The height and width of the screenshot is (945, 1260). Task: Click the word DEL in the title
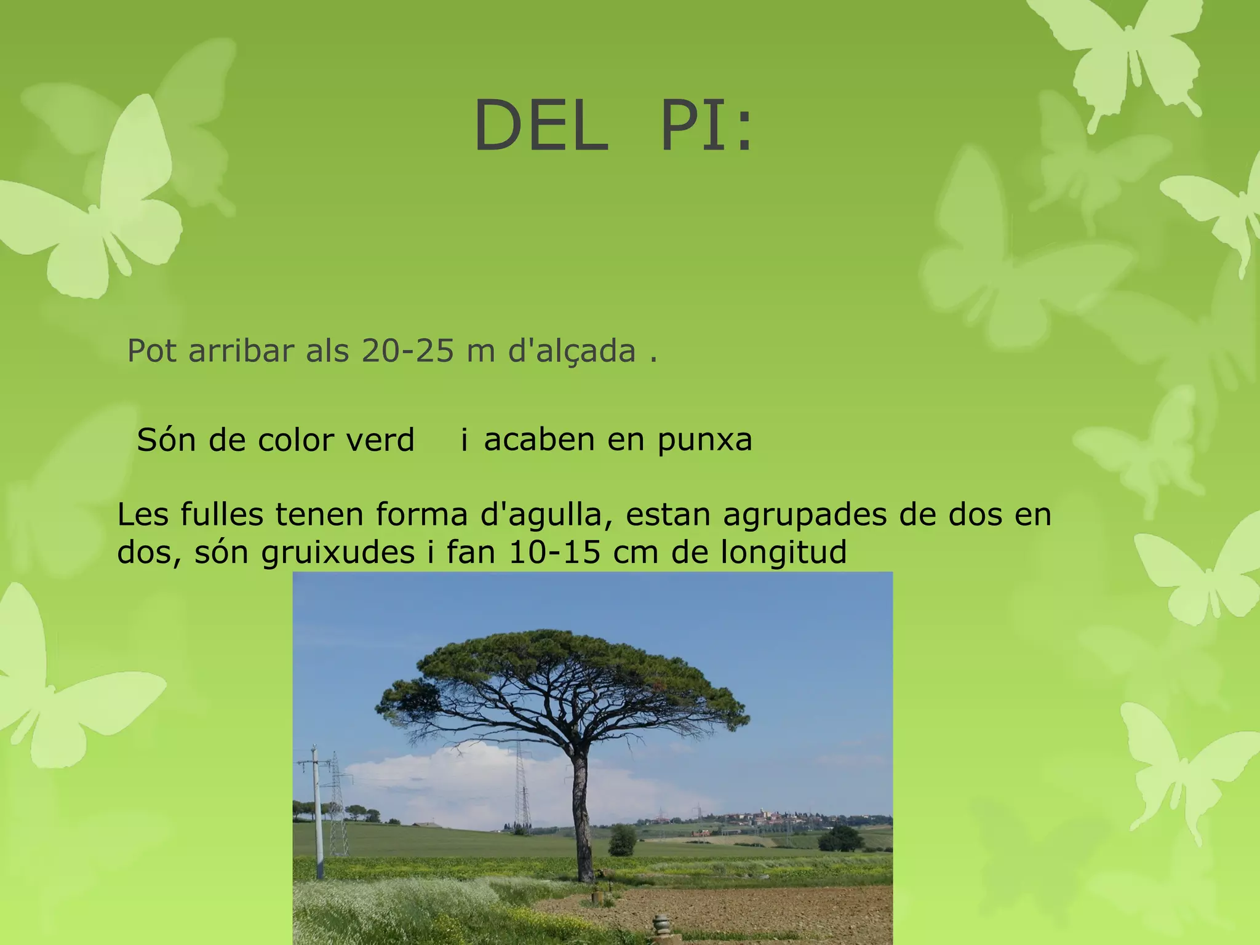click(x=541, y=127)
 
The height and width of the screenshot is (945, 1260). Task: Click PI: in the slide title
click(x=706, y=127)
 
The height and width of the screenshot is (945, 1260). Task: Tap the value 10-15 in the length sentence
click(x=554, y=552)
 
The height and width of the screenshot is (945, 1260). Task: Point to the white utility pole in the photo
click(x=317, y=812)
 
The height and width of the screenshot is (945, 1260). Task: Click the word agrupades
click(x=805, y=514)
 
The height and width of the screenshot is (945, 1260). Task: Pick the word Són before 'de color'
click(x=167, y=441)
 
